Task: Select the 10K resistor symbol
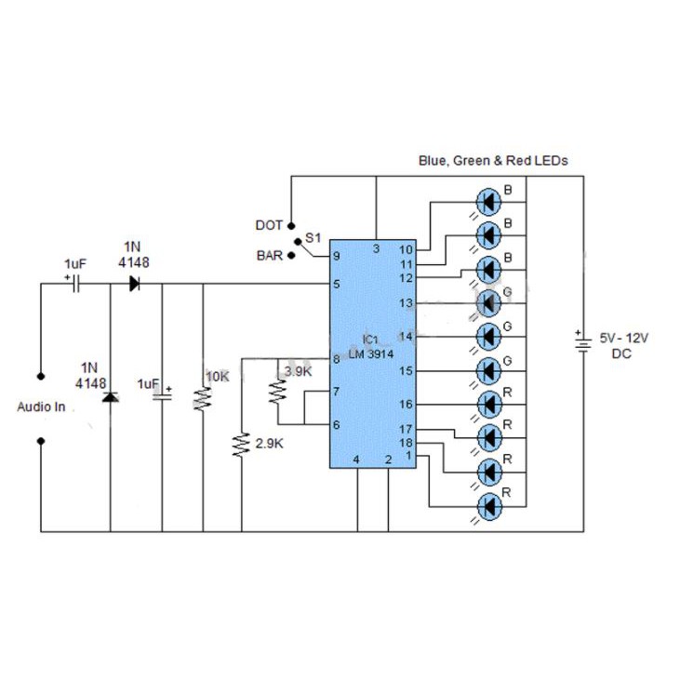(x=203, y=398)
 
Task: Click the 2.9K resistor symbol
(x=241, y=445)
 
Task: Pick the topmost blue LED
(x=488, y=199)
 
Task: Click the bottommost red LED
(x=488, y=506)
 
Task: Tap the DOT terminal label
(x=269, y=225)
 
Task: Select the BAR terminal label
(x=269, y=254)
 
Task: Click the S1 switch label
(x=313, y=238)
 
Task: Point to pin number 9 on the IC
(x=337, y=258)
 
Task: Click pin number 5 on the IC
(x=337, y=284)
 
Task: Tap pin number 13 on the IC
(x=406, y=303)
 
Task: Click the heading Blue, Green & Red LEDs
(x=492, y=160)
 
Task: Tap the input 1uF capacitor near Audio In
(x=75, y=284)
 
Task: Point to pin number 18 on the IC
(x=406, y=443)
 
